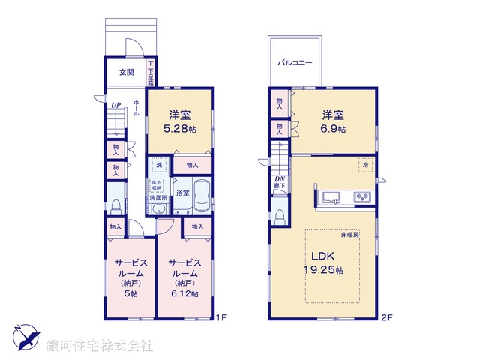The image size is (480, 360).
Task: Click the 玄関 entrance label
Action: pyautogui.click(x=126, y=73)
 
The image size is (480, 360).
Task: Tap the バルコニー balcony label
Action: pyautogui.click(x=295, y=64)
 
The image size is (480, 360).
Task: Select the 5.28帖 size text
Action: pyautogui.click(x=178, y=130)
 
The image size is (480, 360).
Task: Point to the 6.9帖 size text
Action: pyautogui.click(x=334, y=130)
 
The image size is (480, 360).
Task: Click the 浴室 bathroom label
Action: pyautogui.click(x=182, y=193)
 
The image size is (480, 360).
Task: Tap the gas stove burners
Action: pyautogui.click(x=361, y=198)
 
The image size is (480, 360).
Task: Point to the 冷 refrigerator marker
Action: pyautogui.click(x=365, y=165)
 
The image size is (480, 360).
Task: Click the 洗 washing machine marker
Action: pyautogui.click(x=158, y=165)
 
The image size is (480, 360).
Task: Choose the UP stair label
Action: pyautogui.click(x=116, y=106)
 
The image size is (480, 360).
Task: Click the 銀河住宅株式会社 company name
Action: pyautogui.click(x=101, y=346)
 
